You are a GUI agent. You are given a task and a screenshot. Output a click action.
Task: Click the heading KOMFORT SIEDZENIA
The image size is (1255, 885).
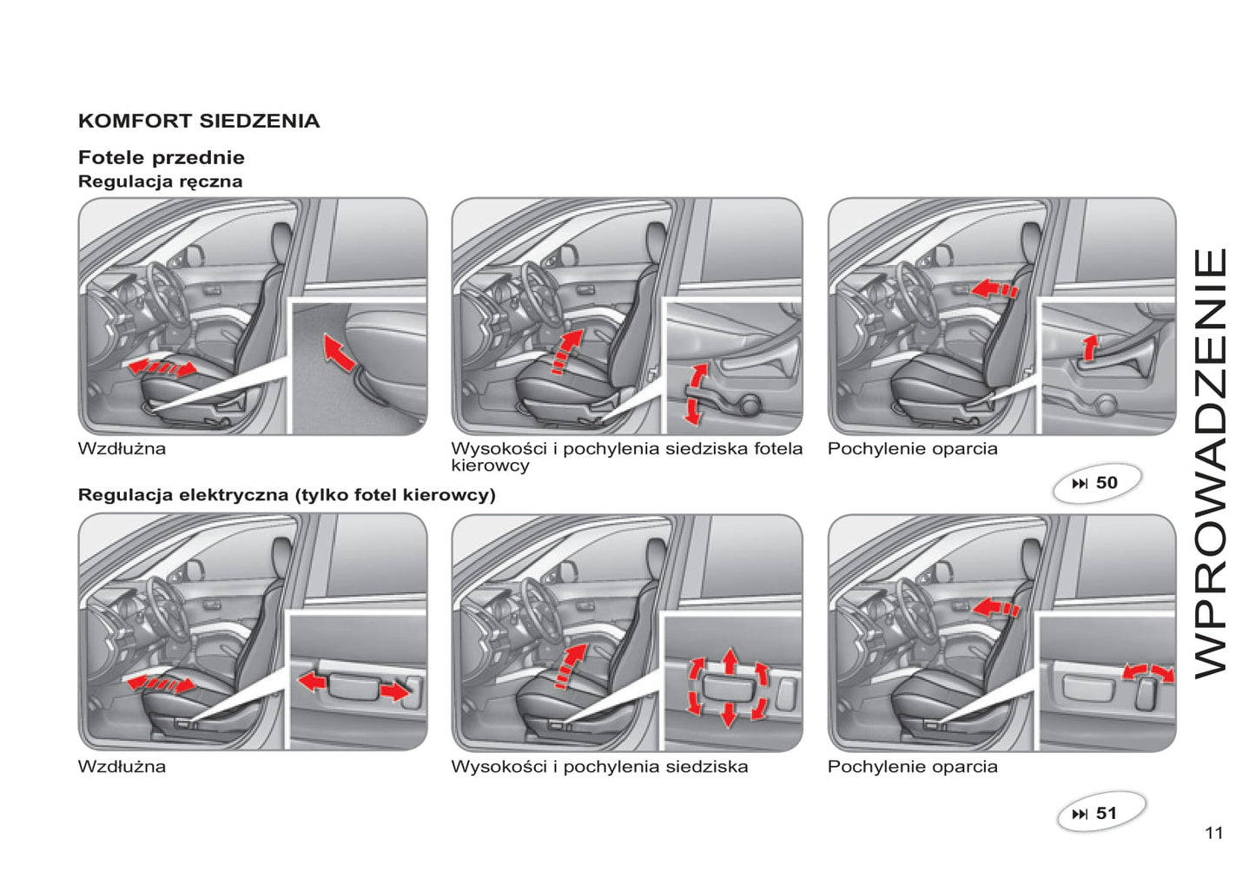pyautogui.click(x=199, y=121)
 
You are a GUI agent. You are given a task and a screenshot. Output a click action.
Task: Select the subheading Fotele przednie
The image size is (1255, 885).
pyautogui.click(x=162, y=157)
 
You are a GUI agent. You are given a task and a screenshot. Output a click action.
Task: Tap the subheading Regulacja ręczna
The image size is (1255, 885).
pyautogui.click(x=160, y=182)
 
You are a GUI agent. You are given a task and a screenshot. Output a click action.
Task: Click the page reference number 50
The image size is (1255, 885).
pyautogui.click(x=1106, y=483)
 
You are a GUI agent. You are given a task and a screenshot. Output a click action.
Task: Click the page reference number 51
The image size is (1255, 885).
pyautogui.click(x=1106, y=814)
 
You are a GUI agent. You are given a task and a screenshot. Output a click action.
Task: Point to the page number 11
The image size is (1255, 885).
pyautogui.click(x=1213, y=833)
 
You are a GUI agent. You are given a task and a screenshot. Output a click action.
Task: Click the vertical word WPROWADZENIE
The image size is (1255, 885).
pyautogui.click(x=1211, y=462)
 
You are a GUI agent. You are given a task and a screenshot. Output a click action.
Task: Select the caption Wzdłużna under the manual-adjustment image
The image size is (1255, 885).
pyautogui.click(x=122, y=449)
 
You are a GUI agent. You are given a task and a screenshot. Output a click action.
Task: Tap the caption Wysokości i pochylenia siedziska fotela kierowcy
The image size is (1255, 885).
pyautogui.click(x=625, y=456)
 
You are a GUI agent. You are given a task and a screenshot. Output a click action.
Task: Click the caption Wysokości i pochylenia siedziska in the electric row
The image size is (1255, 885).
pyautogui.click(x=599, y=767)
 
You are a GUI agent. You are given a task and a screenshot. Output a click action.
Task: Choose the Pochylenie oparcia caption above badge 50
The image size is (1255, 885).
pyautogui.click(x=912, y=449)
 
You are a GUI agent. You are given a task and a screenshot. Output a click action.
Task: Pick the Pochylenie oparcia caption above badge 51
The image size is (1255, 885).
pyautogui.click(x=912, y=767)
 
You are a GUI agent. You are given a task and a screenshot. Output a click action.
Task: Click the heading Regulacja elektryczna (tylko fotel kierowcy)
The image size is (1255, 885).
pyautogui.click(x=287, y=495)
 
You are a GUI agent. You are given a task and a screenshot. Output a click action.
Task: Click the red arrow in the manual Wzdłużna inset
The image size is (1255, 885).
pyautogui.click(x=339, y=351)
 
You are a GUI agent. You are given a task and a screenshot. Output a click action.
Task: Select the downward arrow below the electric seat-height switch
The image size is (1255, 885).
pyautogui.click(x=730, y=715)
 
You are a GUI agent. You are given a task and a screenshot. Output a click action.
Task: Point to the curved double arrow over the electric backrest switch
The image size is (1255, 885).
pyautogui.click(x=1148, y=672)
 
